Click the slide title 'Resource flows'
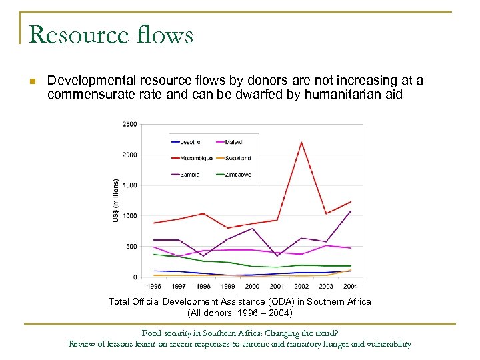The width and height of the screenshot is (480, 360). (111, 34)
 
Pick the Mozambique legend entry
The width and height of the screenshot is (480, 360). (193, 158)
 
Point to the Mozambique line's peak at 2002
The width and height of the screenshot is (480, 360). (301, 142)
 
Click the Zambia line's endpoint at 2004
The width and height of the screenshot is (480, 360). (351, 211)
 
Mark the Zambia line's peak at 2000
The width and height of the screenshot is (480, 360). (253, 229)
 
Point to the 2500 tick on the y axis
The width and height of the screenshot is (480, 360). (129, 124)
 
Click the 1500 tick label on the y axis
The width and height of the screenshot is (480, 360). (129, 185)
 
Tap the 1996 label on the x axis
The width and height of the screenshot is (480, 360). (154, 287)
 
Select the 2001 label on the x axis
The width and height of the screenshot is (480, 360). (277, 287)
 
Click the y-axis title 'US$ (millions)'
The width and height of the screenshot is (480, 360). (116, 201)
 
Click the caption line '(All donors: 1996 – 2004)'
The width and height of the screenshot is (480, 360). (239, 313)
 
